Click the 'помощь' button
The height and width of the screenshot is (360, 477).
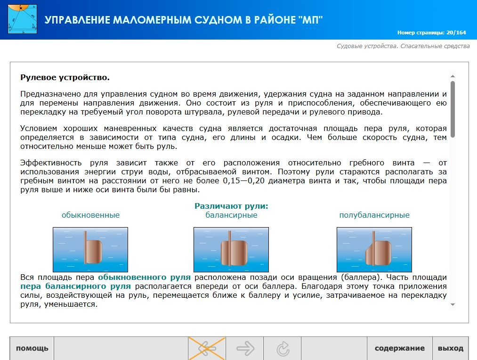32,348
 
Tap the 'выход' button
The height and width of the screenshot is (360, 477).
451,348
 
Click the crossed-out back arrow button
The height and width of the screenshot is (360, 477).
207,348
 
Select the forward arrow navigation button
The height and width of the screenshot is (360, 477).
244,348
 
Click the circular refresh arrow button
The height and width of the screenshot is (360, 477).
283,348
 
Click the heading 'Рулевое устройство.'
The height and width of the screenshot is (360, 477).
65,78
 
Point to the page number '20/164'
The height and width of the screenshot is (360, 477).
456,33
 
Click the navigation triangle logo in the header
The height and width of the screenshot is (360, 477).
22,19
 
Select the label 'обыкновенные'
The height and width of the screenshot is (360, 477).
91,215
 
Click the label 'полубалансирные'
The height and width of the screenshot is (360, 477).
374,215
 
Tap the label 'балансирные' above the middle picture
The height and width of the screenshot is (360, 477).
231,215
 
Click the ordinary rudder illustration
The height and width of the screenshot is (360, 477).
90,250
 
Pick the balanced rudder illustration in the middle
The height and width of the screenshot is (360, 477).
231,250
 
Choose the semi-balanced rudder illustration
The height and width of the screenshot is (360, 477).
374,250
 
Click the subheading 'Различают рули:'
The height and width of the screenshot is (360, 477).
231,206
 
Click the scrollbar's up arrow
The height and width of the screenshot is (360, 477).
453,76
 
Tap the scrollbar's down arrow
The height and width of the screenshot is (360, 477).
453,304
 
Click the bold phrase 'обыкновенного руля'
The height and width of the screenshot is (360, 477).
144,278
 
